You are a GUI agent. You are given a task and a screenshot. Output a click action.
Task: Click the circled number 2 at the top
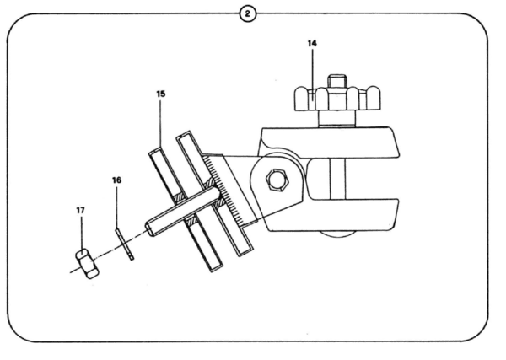(247, 13)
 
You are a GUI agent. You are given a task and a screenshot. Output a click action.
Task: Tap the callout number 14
(312, 43)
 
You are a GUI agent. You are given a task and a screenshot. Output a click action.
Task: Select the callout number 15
(161, 94)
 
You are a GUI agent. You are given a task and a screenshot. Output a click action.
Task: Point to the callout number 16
(117, 180)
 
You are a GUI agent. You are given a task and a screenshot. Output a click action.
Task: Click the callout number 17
(81, 210)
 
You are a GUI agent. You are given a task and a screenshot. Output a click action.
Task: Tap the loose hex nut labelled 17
(87, 264)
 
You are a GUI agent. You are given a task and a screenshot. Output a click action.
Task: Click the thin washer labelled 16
(125, 244)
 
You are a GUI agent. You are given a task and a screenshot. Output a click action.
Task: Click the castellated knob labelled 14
(337, 99)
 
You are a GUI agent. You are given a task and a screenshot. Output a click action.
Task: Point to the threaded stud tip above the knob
(337, 81)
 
